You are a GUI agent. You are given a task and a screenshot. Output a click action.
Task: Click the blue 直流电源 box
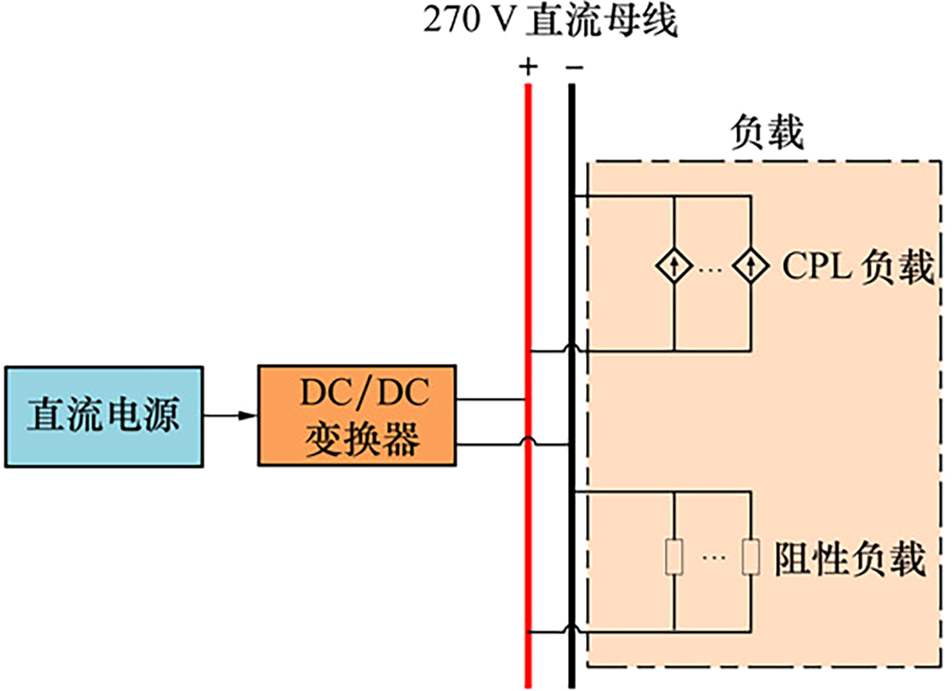click(x=103, y=415)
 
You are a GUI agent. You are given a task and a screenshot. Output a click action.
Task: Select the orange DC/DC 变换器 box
click(x=358, y=415)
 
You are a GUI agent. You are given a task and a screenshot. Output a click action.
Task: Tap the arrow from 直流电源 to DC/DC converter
click(x=230, y=415)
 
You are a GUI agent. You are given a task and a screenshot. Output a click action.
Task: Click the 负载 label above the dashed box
click(x=766, y=136)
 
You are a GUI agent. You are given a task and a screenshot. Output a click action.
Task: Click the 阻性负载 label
click(x=850, y=559)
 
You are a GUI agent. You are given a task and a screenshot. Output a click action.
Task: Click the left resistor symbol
click(x=674, y=559)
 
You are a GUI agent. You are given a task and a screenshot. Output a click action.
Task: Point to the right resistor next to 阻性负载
click(x=750, y=559)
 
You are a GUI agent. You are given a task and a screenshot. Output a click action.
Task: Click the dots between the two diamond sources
click(x=712, y=271)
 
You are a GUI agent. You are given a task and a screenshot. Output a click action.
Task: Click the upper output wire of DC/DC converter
click(x=491, y=400)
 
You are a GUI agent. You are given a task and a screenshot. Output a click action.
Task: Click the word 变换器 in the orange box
click(x=358, y=437)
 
